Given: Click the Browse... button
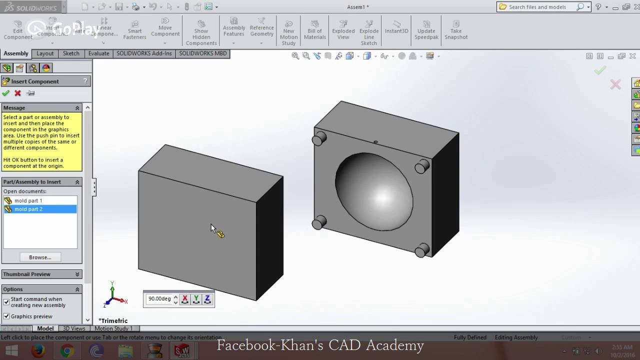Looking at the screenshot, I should (x=40, y=257).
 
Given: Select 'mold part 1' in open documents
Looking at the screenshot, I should (x=28, y=200).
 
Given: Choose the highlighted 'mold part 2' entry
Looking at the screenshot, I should (x=28, y=209).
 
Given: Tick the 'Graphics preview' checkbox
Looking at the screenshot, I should (x=6, y=316).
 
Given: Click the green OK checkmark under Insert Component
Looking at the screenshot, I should (x=6, y=93).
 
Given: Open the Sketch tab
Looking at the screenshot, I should (x=71, y=53).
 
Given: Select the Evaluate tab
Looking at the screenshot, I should (x=98, y=53).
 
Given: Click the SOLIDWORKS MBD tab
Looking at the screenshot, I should (x=202, y=53).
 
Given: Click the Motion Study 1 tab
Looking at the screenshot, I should (x=113, y=328).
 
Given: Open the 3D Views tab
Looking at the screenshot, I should (x=74, y=328).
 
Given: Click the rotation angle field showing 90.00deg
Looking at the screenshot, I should (x=159, y=299).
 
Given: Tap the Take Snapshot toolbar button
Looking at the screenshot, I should (x=456, y=30).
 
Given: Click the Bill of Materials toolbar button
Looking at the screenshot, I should (x=315, y=30).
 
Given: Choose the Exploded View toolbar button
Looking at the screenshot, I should (x=343, y=30).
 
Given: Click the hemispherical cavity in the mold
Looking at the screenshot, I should (x=374, y=192).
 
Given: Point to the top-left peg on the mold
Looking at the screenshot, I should (x=319, y=138).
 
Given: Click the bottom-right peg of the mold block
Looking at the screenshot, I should (x=422, y=249).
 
